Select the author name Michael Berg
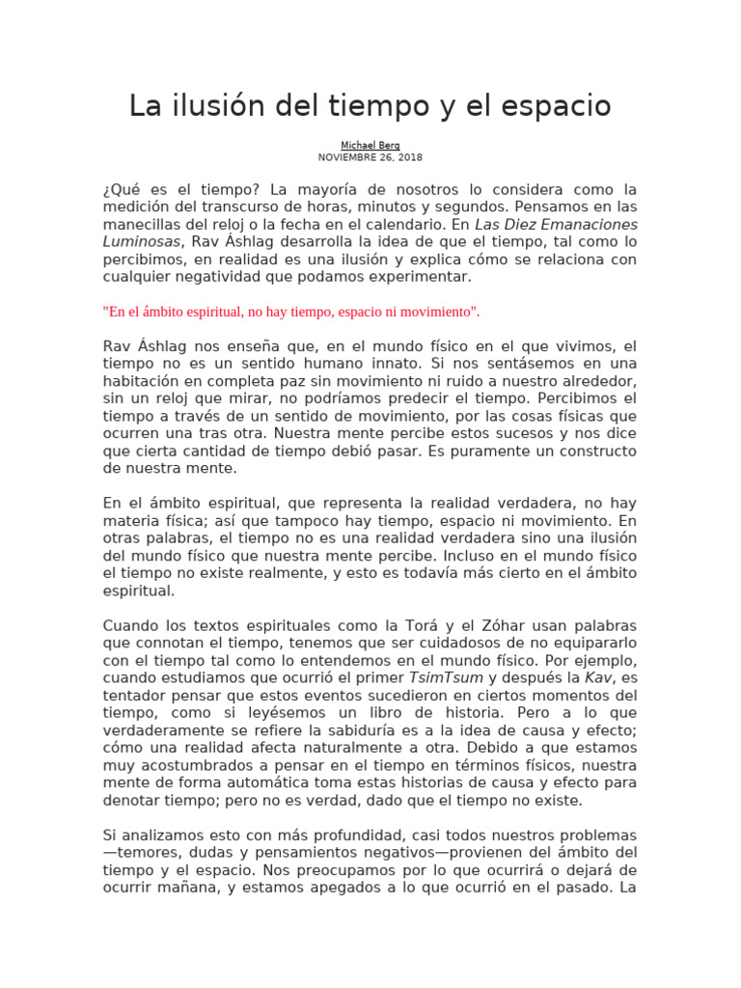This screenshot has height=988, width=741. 370,146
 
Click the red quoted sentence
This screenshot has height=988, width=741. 290,312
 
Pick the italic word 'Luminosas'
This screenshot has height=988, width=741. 140,242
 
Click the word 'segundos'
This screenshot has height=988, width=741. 477,207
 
